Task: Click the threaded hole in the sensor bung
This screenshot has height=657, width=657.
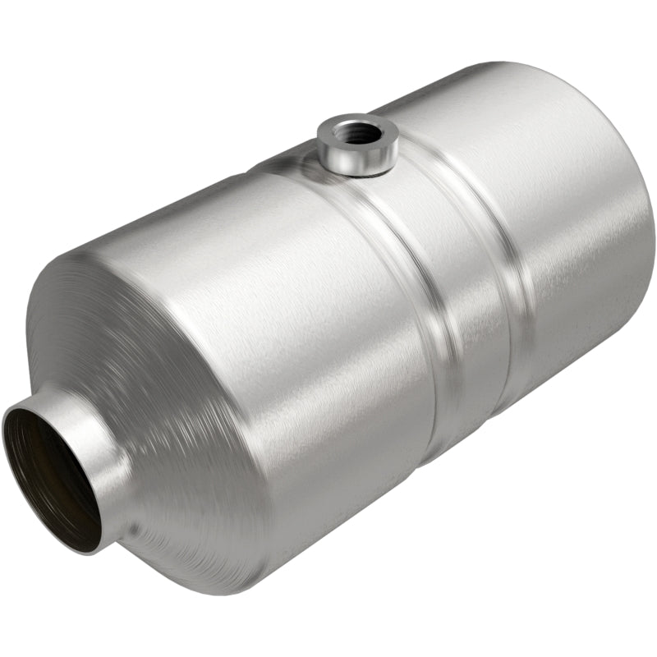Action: coord(358,131)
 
